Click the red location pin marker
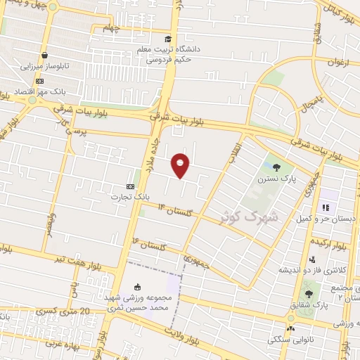pyautogui.click(x=181, y=164)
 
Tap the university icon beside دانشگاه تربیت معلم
pyautogui.click(x=167, y=39)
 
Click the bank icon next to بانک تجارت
pyautogui.click(x=129, y=186)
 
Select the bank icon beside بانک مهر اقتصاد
pyautogui.click(x=39, y=82)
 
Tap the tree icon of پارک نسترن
pyautogui.click(x=276, y=168)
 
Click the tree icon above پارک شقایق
pyautogui.click(x=309, y=293)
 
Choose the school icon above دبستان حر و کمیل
pyautogui.click(x=325, y=207)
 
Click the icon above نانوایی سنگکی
pyautogui.click(x=290, y=328)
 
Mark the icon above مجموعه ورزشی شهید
pyautogui.click(x=136, y=286)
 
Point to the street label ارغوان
pyautogui.click(x=338, y=62)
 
